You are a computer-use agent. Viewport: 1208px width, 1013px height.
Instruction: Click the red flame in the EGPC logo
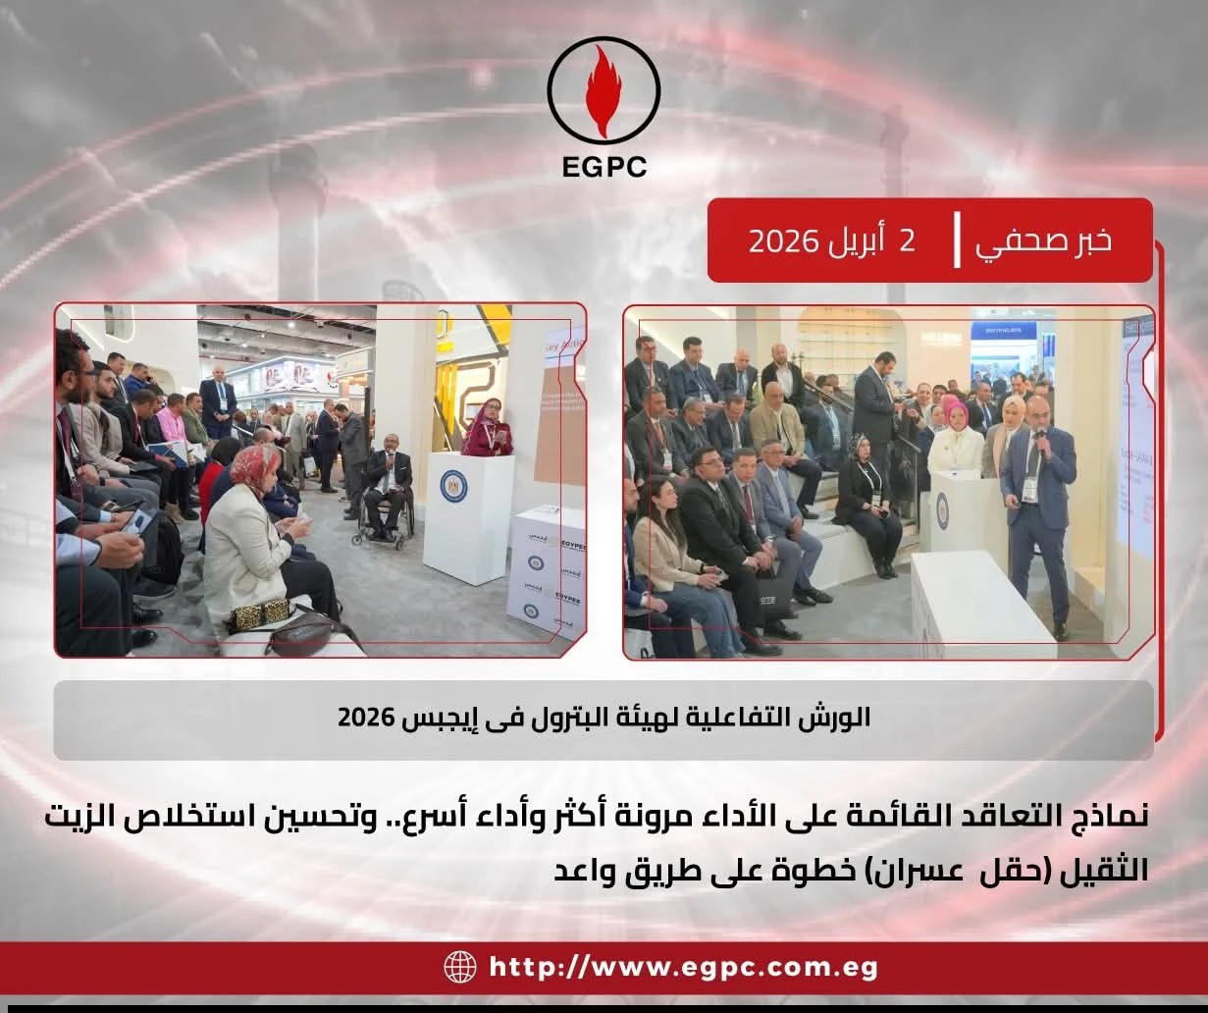point(604,90)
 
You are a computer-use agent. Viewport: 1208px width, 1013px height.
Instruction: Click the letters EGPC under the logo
point(604,167)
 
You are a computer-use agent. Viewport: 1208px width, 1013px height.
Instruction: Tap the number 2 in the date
point(907,240)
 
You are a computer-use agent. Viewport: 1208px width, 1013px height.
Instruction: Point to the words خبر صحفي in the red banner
point(1043,240)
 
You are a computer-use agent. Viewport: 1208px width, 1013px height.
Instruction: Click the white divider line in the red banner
point(957,240)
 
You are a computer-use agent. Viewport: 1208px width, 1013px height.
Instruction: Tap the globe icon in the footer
point(459,967)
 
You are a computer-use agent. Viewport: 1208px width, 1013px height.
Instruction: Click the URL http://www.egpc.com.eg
point(683,967)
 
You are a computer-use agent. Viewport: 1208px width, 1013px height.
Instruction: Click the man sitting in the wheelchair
point(388,476)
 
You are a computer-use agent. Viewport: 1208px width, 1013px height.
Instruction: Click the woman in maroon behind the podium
point(488,428)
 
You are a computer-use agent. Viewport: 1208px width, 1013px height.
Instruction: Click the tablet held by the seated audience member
point(136,521)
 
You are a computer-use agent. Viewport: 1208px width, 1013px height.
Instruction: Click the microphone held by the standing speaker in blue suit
point(1039,438)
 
